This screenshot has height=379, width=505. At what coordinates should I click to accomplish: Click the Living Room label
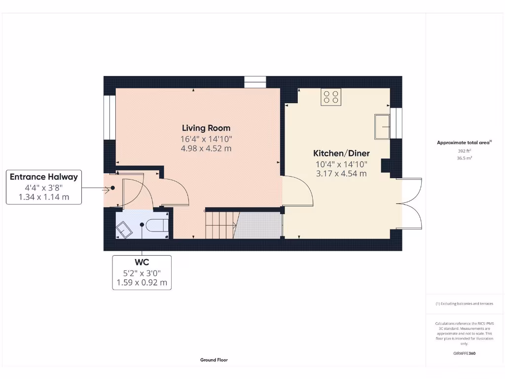pyautogui.click(x=206, y=128)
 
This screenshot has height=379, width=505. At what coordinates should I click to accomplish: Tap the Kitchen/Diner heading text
pyautogui.click(x=342, y=153)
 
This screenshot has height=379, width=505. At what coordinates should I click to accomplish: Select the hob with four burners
pyautogui.click(x=331, y=97)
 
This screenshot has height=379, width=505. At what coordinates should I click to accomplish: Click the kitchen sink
pyautogui.click(x=382, y=126)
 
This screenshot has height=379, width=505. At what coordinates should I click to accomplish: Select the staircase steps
pyautogui.click(x=219, y=225)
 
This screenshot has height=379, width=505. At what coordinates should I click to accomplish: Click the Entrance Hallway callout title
pyautogui.click(x=44, y=177)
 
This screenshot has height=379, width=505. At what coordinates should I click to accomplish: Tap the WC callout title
pyautogui.click(x=142, y=263)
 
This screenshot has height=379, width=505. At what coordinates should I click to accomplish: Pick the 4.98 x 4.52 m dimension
pyautogui.click(x=206, y=148)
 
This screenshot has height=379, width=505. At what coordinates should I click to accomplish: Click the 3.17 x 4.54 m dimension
pyautogui.click(x=342, y=173)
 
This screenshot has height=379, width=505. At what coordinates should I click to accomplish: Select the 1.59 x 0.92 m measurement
pyautogui.click(x=142, y=283)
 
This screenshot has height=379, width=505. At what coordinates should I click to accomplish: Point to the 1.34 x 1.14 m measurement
pyautogui.click(x=44, y=197)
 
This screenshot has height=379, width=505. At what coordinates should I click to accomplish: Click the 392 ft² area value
pyautogui.click(x=465, y=152)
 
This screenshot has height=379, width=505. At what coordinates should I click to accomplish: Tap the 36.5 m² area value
pyautogui.click(x=465, y=158)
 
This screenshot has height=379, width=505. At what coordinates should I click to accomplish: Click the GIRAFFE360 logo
pyautogui.click(x=464, y=353)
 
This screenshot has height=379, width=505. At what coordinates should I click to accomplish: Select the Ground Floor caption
pyautogui.click(x=214, y=360)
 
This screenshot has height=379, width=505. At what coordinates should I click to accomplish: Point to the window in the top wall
pyautogui.click(x=255, y=82)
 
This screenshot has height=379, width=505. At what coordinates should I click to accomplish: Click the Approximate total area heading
pyautogui.click(x=464, y=143)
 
